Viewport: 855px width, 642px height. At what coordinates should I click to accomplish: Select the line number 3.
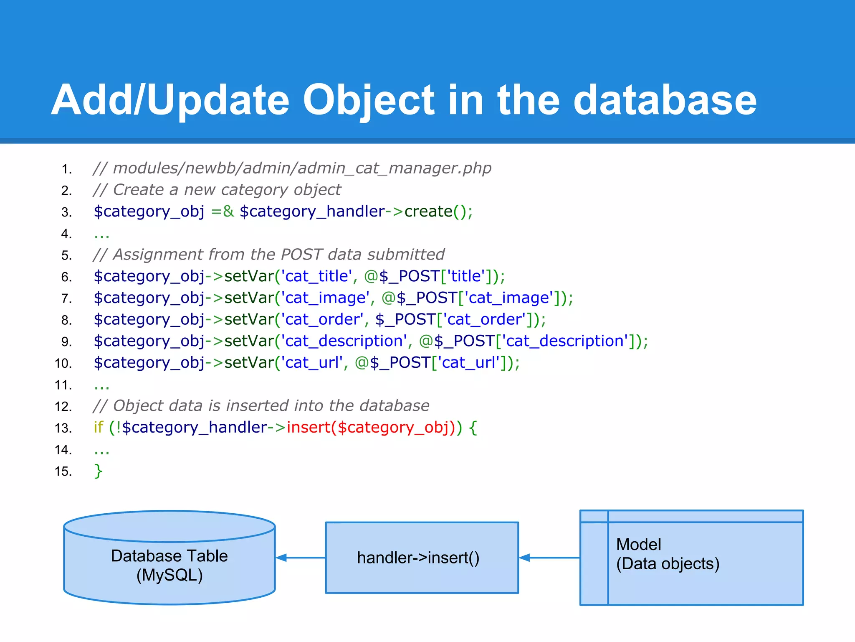(66, 212)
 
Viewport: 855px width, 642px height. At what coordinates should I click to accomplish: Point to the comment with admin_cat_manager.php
(292, 168)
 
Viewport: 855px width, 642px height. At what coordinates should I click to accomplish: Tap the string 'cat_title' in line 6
(317, 276)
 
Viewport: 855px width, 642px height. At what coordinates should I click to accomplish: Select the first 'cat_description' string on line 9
(344, 341)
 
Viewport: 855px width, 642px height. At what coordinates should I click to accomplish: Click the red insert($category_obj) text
(369, 428)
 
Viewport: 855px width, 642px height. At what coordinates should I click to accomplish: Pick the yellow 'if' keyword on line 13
(99, 428)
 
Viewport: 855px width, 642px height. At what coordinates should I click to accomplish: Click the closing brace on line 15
(98, 471)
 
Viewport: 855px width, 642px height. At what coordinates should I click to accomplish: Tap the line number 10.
(63, 363)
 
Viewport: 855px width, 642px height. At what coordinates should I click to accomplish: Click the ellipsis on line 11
(101, 385)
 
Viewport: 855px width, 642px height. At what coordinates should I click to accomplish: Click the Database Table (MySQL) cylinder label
(169, 566)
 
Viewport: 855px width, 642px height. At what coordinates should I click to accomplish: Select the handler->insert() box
(422, 558)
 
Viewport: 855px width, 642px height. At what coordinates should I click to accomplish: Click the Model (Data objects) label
(667, 554)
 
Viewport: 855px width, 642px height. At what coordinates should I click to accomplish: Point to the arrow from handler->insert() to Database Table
(300, 558)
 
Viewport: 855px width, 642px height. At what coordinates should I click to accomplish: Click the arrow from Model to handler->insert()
(549, 558)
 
